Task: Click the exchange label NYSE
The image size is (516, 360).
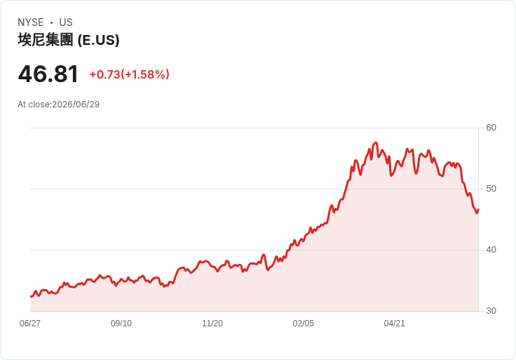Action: pyautogui.click(x=31, y=22)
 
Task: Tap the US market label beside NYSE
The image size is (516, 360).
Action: pyautogui.click(x=66, y=22)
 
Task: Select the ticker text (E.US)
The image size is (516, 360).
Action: pyautogui.click(x=98, y=40)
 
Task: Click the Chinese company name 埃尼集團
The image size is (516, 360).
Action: pyautogui.click(x=46, y=40)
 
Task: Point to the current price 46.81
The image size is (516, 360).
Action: pyautogui.click(x=48, y=74)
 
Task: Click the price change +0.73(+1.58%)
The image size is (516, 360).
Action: pyautogui.click(x=129, y=74)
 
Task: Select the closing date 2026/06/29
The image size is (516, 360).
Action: pyautogui.click(x=76, y=105)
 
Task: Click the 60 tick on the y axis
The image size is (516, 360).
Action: pyautogui.click(x=491, y=128)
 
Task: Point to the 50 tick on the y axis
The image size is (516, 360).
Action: pyautogui.click(x=491, y=189)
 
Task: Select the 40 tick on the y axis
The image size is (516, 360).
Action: pyautogui.click(x=491, y=250)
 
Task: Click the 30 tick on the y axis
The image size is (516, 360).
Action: pyautogui.click(x=491, y=311)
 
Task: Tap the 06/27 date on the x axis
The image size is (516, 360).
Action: pyautogui.click(x=30, y=324)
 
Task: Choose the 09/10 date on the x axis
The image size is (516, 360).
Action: pyautogui.click(x=121, y=324)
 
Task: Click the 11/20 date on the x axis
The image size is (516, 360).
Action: pyautogui.click(x=212, y=324)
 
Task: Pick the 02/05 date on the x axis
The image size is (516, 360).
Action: pyautogui.click(x=304, y=324)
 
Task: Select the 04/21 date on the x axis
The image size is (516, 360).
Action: pyautogui.click(x=394, y=324)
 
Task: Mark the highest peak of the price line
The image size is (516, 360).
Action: pyautogui.click(x=376, y=142)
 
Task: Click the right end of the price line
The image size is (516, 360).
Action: pyautogui.click(x=478, y=210)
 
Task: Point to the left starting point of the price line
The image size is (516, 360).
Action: pyautogui.click(x=31, y=296)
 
